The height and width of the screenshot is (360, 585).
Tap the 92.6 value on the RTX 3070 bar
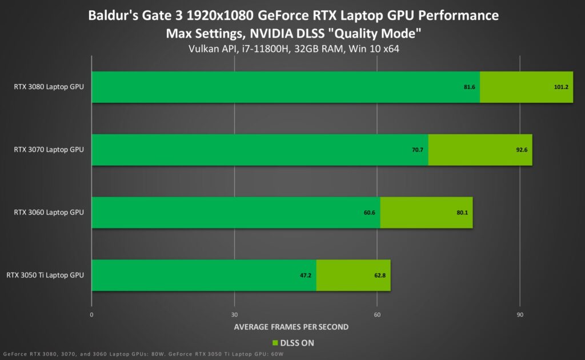[x=520, y=150]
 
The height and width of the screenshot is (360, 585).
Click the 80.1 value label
[x=461, y=213]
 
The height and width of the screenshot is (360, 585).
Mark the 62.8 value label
[x=379, y=275]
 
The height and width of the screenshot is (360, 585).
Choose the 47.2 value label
[x=306, y=275]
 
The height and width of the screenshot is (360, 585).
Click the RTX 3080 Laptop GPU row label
[x=49, y=87]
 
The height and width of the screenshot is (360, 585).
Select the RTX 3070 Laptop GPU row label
[x=49, y=150]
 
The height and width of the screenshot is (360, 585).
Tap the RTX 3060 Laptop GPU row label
[x=49, y=213]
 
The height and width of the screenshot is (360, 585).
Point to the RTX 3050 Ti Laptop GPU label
[x=45, y=275]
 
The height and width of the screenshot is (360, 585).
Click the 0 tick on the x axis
[x=92, y=315]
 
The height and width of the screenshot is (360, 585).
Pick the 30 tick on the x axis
[x=234, y=315]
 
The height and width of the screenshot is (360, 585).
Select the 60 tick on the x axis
[x=377, y=315]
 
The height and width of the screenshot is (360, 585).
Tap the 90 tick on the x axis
[x=519, y=315]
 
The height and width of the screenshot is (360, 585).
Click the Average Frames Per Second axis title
[x=291, y=327]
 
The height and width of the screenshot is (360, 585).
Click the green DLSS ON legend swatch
[x=275, y=343]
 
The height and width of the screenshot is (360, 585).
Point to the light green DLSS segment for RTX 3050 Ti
[x=353, y=275]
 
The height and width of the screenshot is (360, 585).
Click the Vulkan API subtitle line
[x=293, y=49]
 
